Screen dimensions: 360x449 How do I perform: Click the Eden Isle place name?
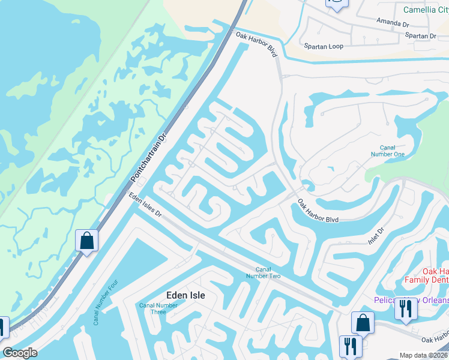(185, 295)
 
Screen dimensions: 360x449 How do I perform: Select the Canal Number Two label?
(263, 272)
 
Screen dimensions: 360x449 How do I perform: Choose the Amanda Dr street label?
(392, 22)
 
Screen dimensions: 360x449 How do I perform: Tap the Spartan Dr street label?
(420, 36)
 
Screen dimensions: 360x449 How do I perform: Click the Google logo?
(20, 353)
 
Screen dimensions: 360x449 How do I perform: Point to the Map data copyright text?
(424, 355)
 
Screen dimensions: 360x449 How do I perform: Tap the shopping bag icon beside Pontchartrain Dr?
(86, 241)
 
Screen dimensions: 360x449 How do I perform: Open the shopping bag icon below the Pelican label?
(363, 323)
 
